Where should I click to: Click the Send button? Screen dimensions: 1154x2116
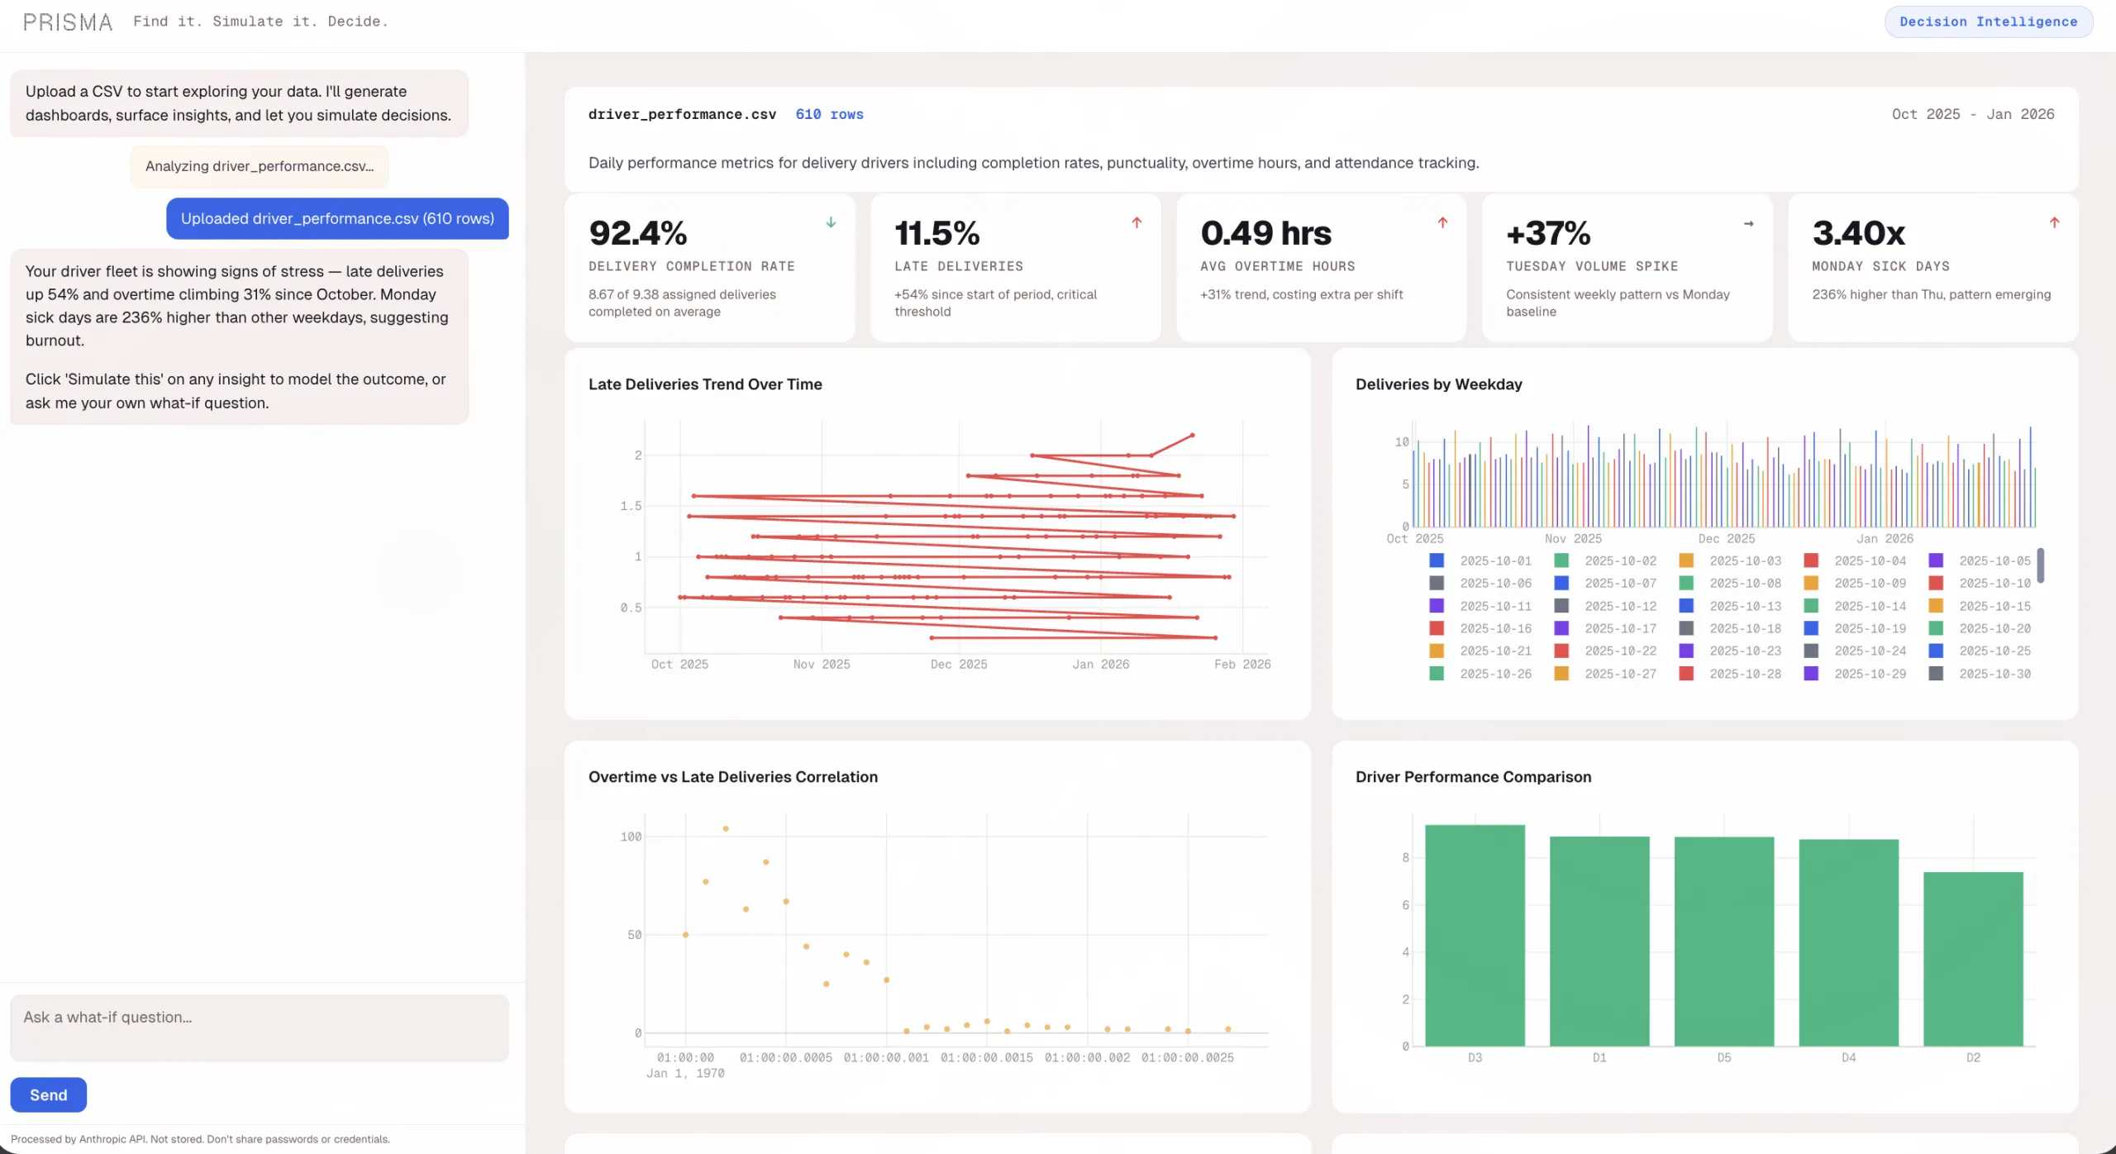48,1094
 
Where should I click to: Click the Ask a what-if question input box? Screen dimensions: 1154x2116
259,1028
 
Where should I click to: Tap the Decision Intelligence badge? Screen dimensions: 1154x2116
1988,21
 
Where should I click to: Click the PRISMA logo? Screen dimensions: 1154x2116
68,22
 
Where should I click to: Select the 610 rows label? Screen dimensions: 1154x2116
829,114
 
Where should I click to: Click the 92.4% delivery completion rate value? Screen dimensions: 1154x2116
637,233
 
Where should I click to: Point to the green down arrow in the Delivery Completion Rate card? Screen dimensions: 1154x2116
831,222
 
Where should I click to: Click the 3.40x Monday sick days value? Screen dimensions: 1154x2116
1858,233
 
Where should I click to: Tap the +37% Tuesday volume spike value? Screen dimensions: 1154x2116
1547,233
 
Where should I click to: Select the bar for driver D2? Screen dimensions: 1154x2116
1973,959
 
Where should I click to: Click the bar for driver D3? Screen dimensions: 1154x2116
1475,934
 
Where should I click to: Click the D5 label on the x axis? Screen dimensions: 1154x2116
1724,1057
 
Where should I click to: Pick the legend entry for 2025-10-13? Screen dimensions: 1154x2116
1744,606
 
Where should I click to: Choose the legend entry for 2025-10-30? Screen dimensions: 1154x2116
1994,674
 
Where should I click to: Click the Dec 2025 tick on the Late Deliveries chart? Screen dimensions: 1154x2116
958,664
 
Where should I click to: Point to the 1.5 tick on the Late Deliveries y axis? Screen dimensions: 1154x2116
631,506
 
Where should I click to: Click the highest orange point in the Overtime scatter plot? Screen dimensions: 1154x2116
726,828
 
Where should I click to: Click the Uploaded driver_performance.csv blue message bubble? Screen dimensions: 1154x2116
337,218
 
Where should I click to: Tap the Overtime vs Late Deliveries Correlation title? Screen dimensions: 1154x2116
732,777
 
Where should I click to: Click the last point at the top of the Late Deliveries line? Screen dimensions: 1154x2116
1192,435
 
